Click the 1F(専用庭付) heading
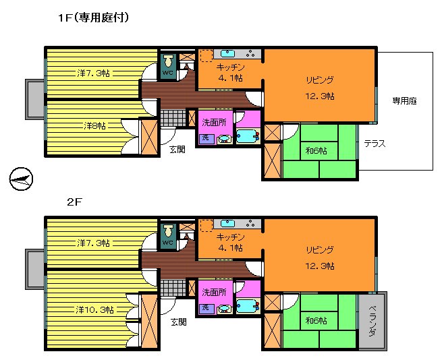click(x=93, y=18)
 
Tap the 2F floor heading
click(x=74, y=202)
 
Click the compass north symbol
click(x=21, y=179)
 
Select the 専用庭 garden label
click(x=404, y=101)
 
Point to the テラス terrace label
click(x=375, y=144)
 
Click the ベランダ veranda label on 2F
click(x=372, y=321)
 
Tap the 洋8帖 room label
click(x=94, y=125)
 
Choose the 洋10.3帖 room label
click(x=94, y=310)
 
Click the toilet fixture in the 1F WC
click(x=169, y=61)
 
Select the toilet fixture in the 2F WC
click(x=169, y=231)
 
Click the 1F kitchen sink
click(x=227, y=53)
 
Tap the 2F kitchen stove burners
click(x=250, y=224)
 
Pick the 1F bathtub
click(x=248, y=136)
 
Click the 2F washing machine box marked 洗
click(x=206, y=307)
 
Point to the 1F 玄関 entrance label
click(x=177, y=150)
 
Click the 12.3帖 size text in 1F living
click(x=320, y=96)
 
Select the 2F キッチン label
click(x=230, y=237)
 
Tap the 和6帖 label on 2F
click(x=316, y=321)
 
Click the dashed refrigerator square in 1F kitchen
click(x=206, y=56)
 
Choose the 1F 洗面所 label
click(x=214, y=123)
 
